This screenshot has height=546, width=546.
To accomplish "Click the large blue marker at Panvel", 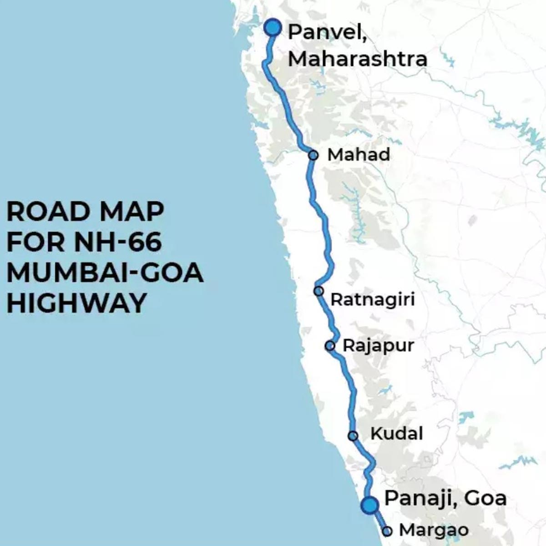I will pyautogui.click(x=273, y=27).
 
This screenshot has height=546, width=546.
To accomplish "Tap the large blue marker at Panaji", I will pyautogui.click(x=369, y=505).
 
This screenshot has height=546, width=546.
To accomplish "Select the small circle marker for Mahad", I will pyautogui.click(x=313, y=155).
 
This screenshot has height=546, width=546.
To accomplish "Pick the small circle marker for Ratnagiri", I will pyautogui.click(x=319, y=291).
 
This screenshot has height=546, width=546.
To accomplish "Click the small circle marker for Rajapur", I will pyautogui.click(x=330, y=346).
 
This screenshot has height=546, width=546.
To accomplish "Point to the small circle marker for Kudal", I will pyautogui.click(x=353, y=436).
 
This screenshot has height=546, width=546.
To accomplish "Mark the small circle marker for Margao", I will pyautogui.click(x=387, y=531).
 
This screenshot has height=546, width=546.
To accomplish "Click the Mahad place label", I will pyautogui.click(x=359, y=155).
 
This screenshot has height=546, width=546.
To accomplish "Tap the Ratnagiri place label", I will pyautogui.click(x=372, y=299).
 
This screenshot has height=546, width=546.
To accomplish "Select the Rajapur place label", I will pyautogui.click(x=378, y=345).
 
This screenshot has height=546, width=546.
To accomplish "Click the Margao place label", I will pyautogui.click(x=433, y=530).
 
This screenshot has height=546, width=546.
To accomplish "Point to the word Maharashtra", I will pyautogui.click(x=358, y=59).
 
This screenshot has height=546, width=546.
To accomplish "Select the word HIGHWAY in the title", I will pyautogui.click(x=76, y=303).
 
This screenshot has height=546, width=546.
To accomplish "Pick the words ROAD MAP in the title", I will pyautogui.click(x=85, y=212).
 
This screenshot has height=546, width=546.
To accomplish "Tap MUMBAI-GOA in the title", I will pyautogui.click(x=105, y=273).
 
